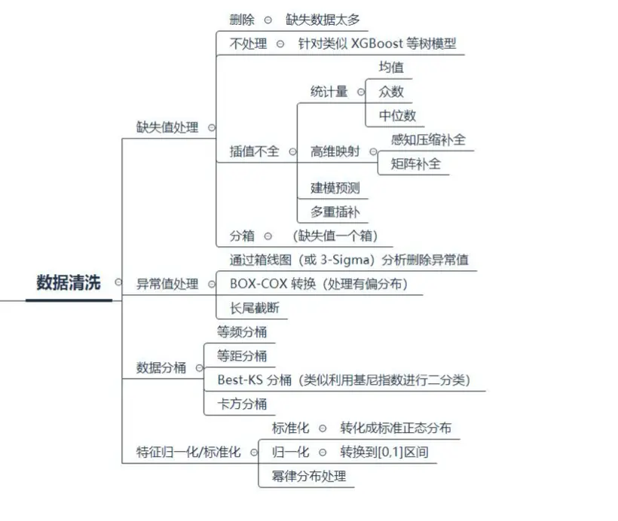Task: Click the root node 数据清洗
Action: tap(69, 282)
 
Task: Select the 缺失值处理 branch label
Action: tap(167, 127)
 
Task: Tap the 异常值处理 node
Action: tap(167, 284)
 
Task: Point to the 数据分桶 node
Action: tap(161, 367)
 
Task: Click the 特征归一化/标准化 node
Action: tap(188, 452)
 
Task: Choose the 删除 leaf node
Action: tap(242, 20)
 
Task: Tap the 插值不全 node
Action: tap(254, 151)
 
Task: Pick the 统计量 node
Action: tap(329, 91)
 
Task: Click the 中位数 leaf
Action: tap(397, 115)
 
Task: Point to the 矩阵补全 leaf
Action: tap(415, 163)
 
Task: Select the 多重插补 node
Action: tap(335, 212)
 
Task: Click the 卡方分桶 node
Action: tap(242, 404)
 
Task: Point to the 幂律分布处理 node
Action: tap(309, 476)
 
